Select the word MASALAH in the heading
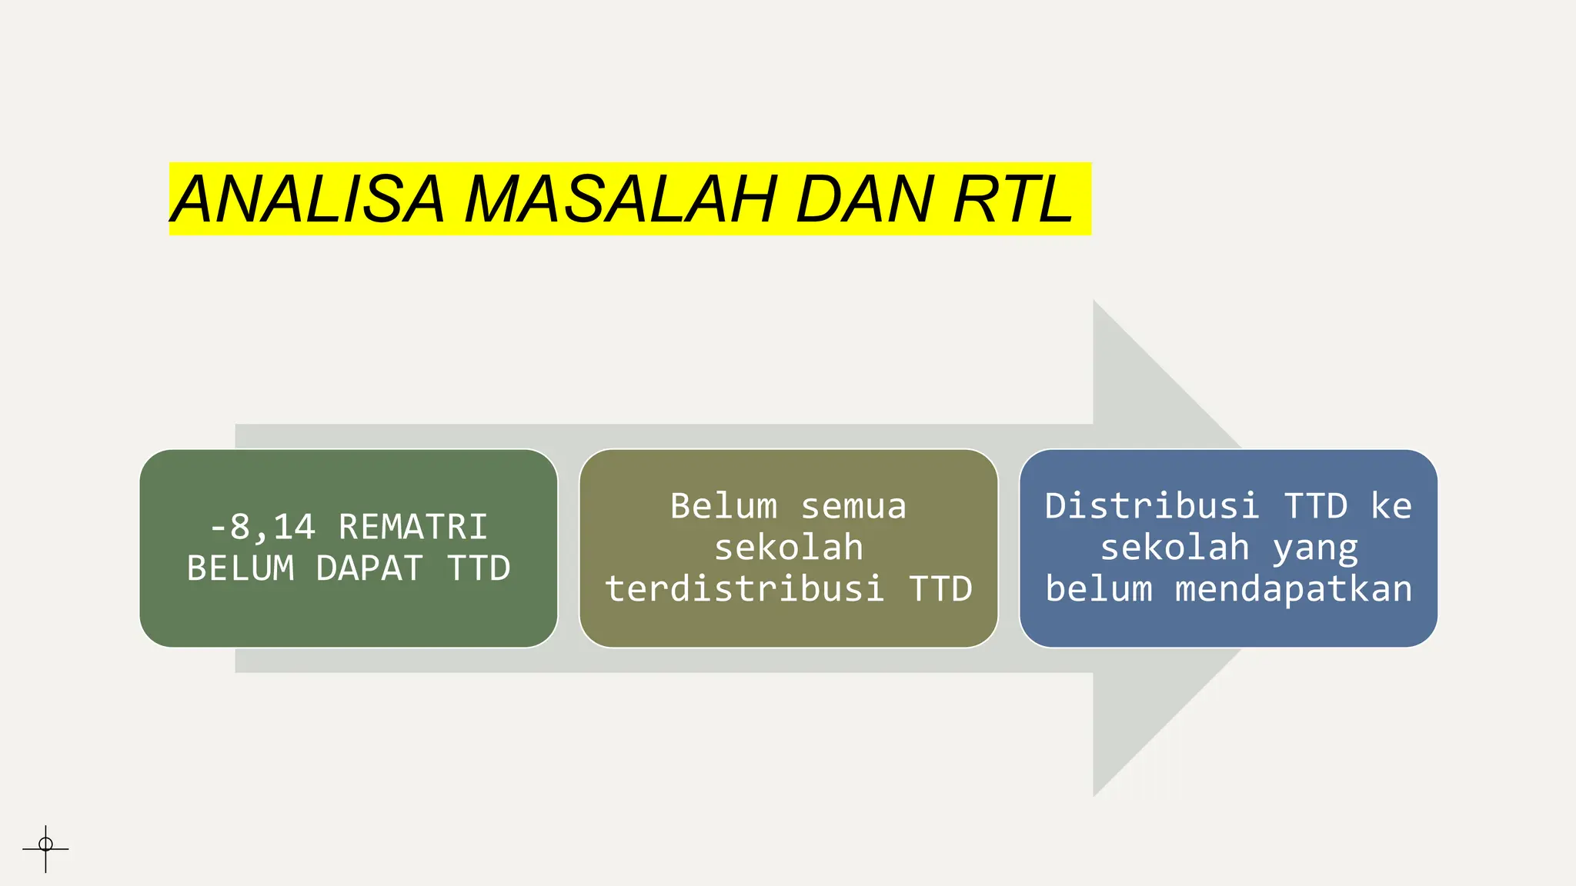click(x=620, y=200)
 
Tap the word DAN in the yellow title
click(x=864, y=200)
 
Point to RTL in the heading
click(x=1013, y=200)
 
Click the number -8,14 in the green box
click(x=262, y=528)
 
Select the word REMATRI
click(x=413, y=528)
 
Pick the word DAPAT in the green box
click(x=369, y=569)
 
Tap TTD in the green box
click(x=479, y=569)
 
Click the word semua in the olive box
click(x=853, y=507)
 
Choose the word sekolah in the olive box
click(x=789, y=548)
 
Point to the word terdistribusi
click(x=744, y=589)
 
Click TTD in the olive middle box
click(x=940, y=589)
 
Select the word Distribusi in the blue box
click(x=1152, y=507)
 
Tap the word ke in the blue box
click(x=1391, y=507)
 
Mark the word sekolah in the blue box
click(x=1174, y=548)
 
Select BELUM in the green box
click(x=240, y=569)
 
